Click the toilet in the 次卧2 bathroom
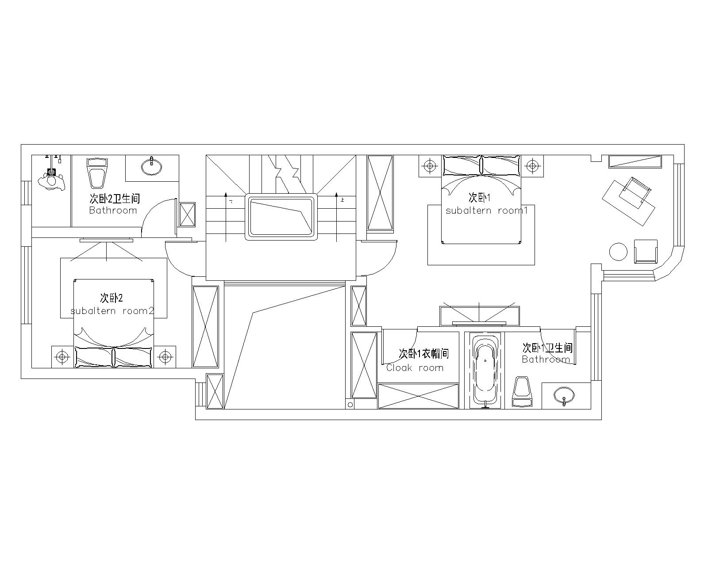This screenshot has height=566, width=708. pyautogui.click(x=97, y=172)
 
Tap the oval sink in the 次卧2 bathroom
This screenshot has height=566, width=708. pyautogui.click(x=152, y=166)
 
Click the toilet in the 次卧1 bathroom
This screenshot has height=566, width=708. pyautogui.click(x=522, y=392)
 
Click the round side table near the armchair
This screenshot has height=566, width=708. pyautogui.click(x=618, y=252)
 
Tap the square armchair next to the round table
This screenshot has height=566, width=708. pyautogui.click(x=646, y=251)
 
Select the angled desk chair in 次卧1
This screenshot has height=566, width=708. pyautogui.click(x=635, y=193)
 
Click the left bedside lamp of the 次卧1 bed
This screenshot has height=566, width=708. pyautogui.click(x=430, y=166)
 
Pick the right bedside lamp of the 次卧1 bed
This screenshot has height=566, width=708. pyautogui.click(x=532, y=166)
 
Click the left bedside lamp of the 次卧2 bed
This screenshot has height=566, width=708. pyautogui.click(x=62, y=357)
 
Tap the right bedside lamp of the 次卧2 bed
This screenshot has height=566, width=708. pyautogui.click(x=165, y=357)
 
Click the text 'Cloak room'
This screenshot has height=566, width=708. pyautogui.click(x=415, y=368)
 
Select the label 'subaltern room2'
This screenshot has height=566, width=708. pyautogui.click(x=112, y=311)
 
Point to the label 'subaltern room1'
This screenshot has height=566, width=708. pyautogui.click(x=487, y=210)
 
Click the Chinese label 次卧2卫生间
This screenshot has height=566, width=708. pyautogui.click(x=115, y=198)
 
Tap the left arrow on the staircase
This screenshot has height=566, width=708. pyautogui.click(x=226, y=217)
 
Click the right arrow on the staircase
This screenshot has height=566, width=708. pyautogui.click(x=336, y=217)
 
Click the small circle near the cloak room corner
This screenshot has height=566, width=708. pyautogui.click(x=350, y=405)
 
